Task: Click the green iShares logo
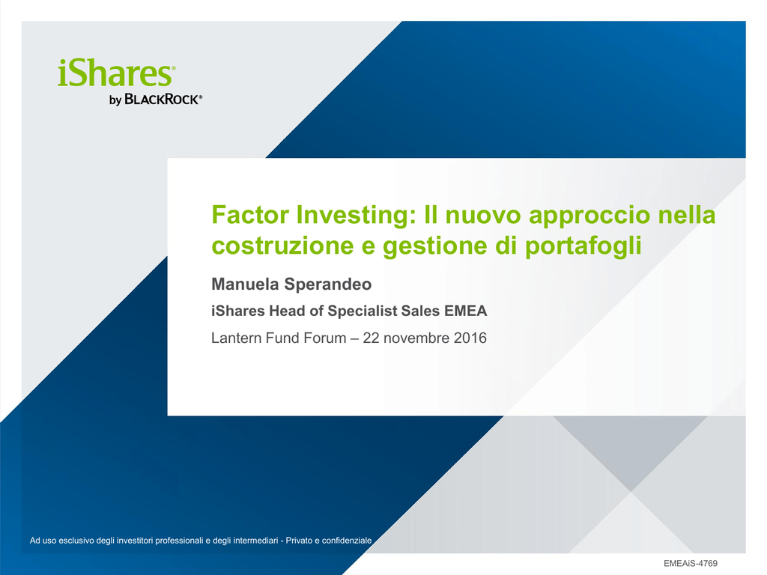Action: tap(116, 73)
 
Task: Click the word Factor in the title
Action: tap(249, 215)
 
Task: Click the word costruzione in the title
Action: tap(282, 246)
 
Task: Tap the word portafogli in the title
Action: tap(583, 246)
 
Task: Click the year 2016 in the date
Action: tap(470, 338)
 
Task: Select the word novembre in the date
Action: tap(416, 338)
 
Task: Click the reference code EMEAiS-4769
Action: tap(690, 564)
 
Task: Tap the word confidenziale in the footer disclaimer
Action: tap(347, 541)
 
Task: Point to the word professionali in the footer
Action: tap(179, 541)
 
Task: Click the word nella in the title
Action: tap(687, 215)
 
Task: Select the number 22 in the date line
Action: tap(371, 338)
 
